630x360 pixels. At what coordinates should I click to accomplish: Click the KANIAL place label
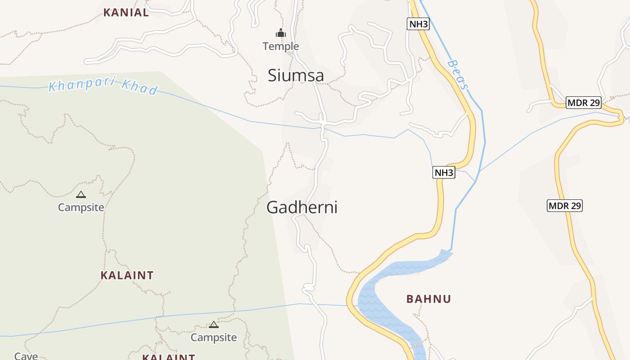coord(126,13)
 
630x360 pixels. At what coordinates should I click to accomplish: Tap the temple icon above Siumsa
coord(281,33)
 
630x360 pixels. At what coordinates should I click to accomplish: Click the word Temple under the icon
coord(281,46)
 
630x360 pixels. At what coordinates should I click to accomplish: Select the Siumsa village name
coord(296,76)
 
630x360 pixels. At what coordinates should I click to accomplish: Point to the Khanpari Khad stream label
coord(103,86)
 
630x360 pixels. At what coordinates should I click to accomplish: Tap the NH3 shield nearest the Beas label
coord(418,24)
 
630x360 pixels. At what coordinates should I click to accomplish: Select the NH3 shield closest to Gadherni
coord(444,172)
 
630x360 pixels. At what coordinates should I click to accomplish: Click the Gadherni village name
coord(302,207)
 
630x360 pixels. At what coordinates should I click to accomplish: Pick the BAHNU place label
coord(428,299)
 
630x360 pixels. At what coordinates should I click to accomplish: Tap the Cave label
coord(26,356)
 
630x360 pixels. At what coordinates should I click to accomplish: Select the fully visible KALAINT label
coord(127,275)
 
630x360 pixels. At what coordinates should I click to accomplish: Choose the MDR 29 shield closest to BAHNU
coord(565,206)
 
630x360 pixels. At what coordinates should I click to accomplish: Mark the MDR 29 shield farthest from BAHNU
coord(584,103)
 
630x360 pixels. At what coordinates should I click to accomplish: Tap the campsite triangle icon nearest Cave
coord(214,324)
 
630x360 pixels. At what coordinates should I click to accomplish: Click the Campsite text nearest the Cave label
coord(214,337)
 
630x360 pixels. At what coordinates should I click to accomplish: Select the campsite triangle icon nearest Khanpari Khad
coord(81,194)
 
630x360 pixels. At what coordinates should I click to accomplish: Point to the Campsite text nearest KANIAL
coord(81,207)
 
